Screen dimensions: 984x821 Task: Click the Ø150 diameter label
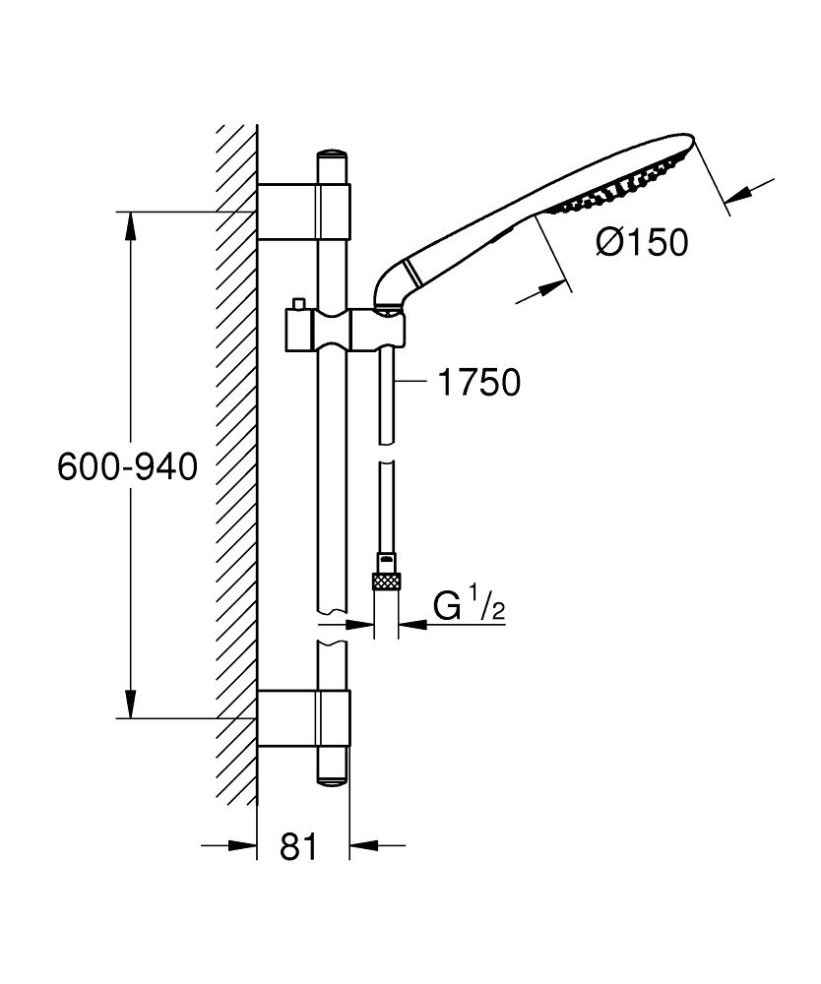tap(643, 241)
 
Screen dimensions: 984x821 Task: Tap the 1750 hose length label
tap(477, 382)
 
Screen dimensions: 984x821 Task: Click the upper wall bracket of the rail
tap(303, 212)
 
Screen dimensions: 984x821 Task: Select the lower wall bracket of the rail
tap(303, 718)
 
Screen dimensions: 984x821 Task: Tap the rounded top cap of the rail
tap(332, 156)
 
